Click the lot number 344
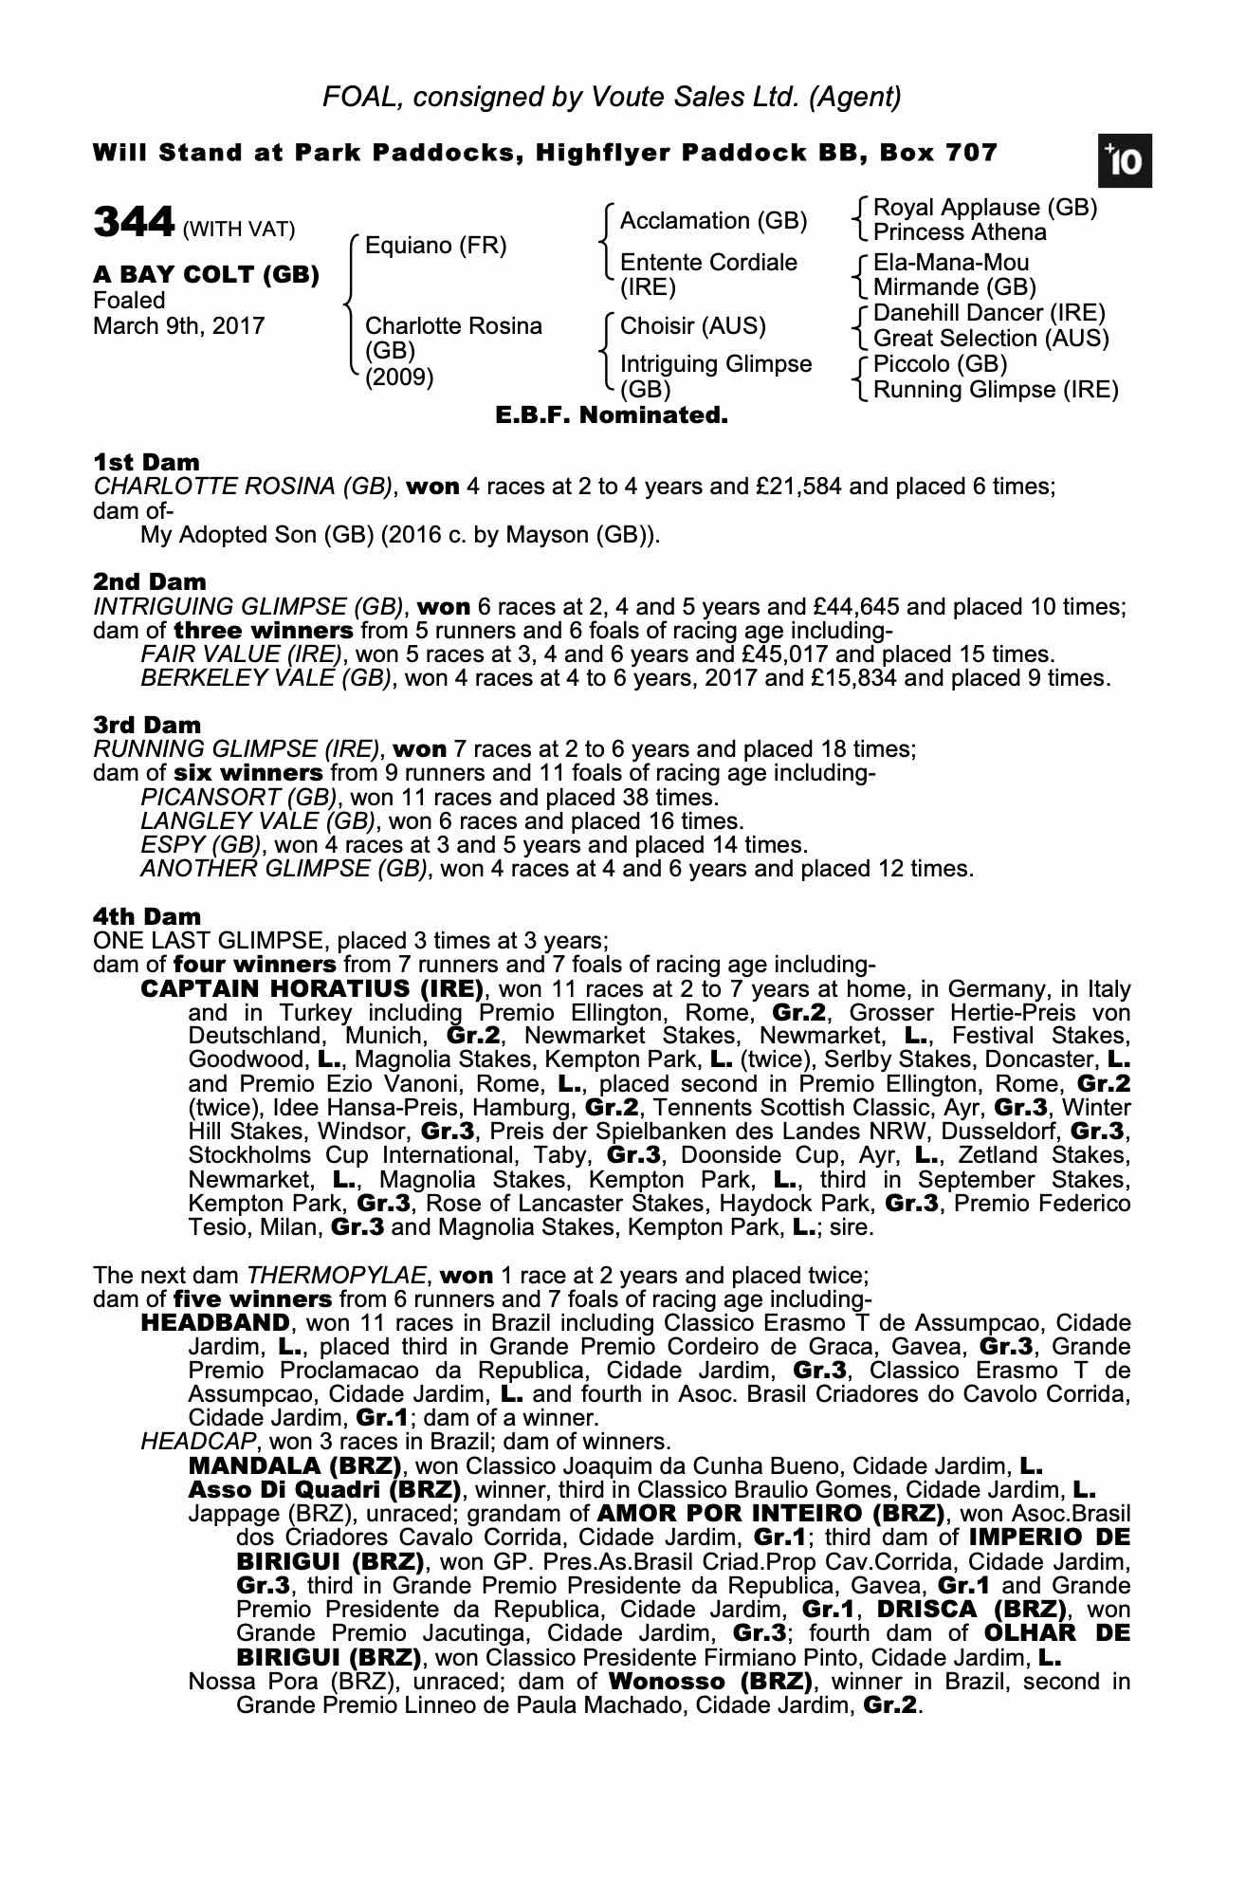[134, 224]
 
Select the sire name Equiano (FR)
[435, 247]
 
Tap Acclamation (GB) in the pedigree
[713, 221]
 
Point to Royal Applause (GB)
[984, 208]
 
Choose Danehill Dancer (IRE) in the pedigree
[989, 313]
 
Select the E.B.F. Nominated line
[612, 415]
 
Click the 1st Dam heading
[147, 463]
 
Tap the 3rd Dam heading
[147, 726]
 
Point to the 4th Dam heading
[147, 917]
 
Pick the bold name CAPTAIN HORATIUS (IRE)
[312, 989]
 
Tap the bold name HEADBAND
[214, 1323]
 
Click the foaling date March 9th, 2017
[178, 326]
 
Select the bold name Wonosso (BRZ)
[710, 1682]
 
